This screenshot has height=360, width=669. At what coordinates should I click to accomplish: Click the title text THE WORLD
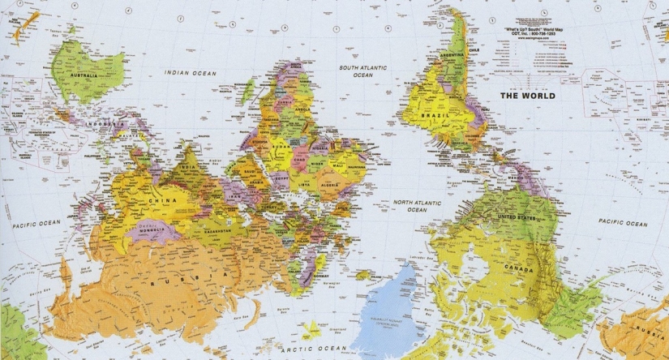(x=528, y=96)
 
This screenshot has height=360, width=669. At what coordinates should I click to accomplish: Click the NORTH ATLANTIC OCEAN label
(x=416, y=205)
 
